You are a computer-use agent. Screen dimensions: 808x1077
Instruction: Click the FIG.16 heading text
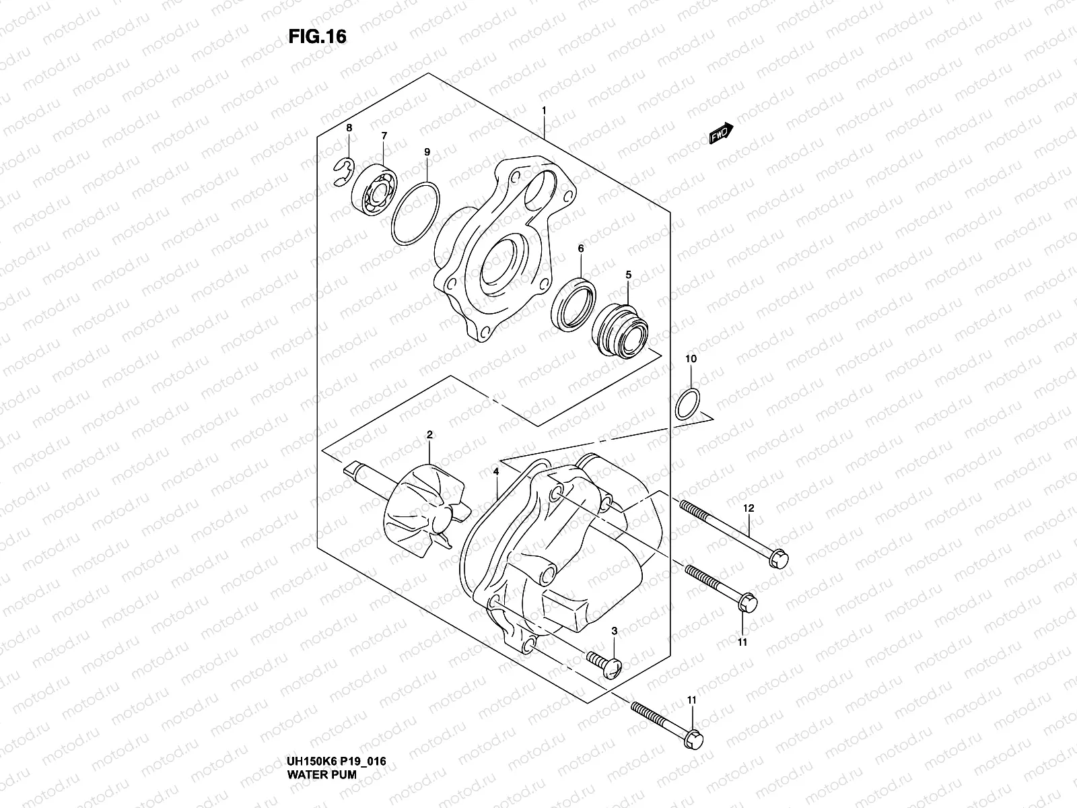click(318, 38)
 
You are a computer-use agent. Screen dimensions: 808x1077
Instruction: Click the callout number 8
click(349, 128)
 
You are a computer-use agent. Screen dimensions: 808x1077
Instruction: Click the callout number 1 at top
click(543, 110)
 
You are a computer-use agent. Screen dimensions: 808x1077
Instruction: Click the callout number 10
click(691, 359)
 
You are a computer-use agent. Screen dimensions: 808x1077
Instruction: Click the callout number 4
click(496, 472)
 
